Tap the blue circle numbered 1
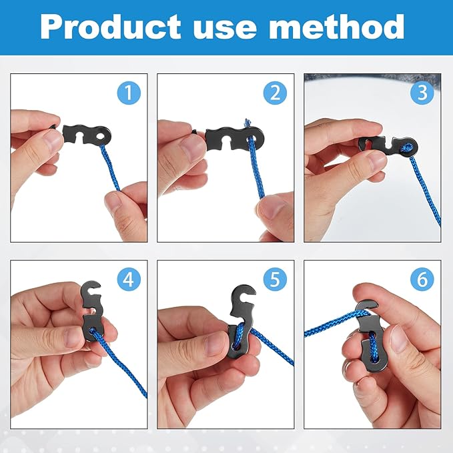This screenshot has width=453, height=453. [x=128, y=92]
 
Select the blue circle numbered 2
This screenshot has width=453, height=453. [x=275, y=92]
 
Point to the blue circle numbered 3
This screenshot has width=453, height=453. [x=422, y=92]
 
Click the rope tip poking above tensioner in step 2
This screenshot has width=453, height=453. [x=246, y=123]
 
